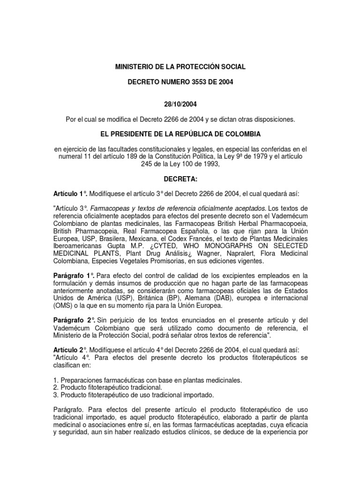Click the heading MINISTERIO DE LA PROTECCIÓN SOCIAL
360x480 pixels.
click(x=180, y=67)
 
